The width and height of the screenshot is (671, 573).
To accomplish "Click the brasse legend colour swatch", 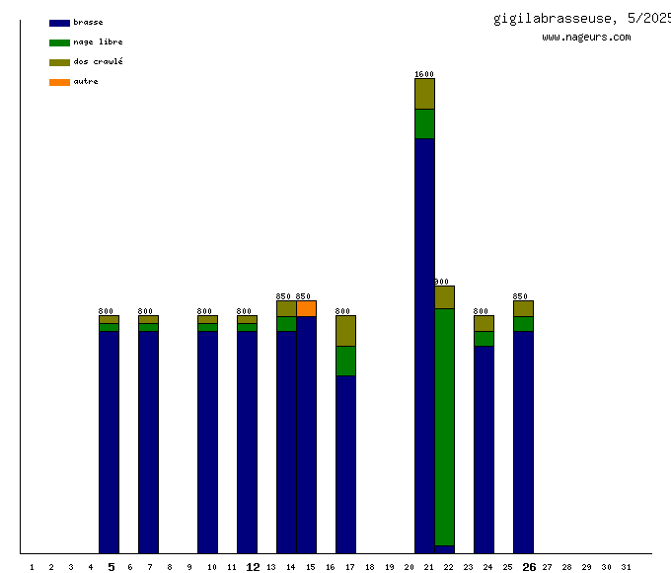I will point(59,23).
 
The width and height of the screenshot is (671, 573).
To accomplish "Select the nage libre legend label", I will point(98,42).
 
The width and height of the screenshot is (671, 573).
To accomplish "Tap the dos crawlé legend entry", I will point(98,62).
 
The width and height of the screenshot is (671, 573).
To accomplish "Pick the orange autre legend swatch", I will point(59,82).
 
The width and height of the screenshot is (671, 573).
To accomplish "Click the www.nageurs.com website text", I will point(586,38).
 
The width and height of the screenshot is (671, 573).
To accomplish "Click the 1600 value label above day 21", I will point(424,74).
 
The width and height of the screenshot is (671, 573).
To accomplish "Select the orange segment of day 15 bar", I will point(306,308).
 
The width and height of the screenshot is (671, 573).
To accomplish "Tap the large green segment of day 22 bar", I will point(444,425).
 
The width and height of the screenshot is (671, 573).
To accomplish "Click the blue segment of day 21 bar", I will point(424,346).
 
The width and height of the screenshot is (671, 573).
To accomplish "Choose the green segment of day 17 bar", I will point(345,361).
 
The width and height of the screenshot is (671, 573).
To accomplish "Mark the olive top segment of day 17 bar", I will point(345,331).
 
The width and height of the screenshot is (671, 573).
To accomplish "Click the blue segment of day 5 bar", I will point(109,442).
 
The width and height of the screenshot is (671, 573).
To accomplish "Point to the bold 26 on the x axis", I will point(529,567).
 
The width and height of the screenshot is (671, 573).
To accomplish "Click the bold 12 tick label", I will point(253,567).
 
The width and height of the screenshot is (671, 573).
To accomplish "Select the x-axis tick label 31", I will point(626,567).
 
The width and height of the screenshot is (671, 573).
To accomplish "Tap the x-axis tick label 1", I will point(32,567).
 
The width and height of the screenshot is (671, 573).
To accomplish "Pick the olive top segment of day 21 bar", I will point(424,94).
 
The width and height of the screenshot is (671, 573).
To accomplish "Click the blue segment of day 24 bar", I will point(484,450).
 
